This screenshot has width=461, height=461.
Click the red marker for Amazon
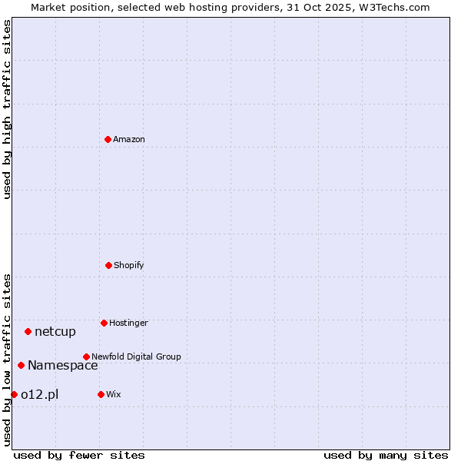click(108, 139)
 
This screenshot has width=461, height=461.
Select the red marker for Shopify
click(108, 265)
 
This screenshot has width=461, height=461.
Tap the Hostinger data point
click(104, 323)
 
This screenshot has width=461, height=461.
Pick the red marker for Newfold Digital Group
click(86, 357)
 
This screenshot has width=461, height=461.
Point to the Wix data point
click(101, 394)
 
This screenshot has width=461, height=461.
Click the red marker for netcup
click(28, 331)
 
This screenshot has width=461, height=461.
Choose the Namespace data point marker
click(21, 365)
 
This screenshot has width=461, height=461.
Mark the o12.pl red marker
click(14, 394)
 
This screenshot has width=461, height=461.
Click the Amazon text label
click(129, 139)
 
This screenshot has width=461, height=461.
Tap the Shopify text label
click(129, 265)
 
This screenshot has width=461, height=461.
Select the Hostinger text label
click(128, 323)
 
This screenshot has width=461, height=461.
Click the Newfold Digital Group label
click(136, 357)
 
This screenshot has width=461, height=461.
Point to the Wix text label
click(114, 394)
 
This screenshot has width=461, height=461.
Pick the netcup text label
click(55, 331)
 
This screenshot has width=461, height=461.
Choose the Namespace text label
click(63, 365)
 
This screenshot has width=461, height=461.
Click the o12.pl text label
click(39, 394)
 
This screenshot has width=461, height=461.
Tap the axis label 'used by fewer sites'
click(79, 455)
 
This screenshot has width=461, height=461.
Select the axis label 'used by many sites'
click(386, 455)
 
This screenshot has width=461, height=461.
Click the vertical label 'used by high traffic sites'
click(7, 109)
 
